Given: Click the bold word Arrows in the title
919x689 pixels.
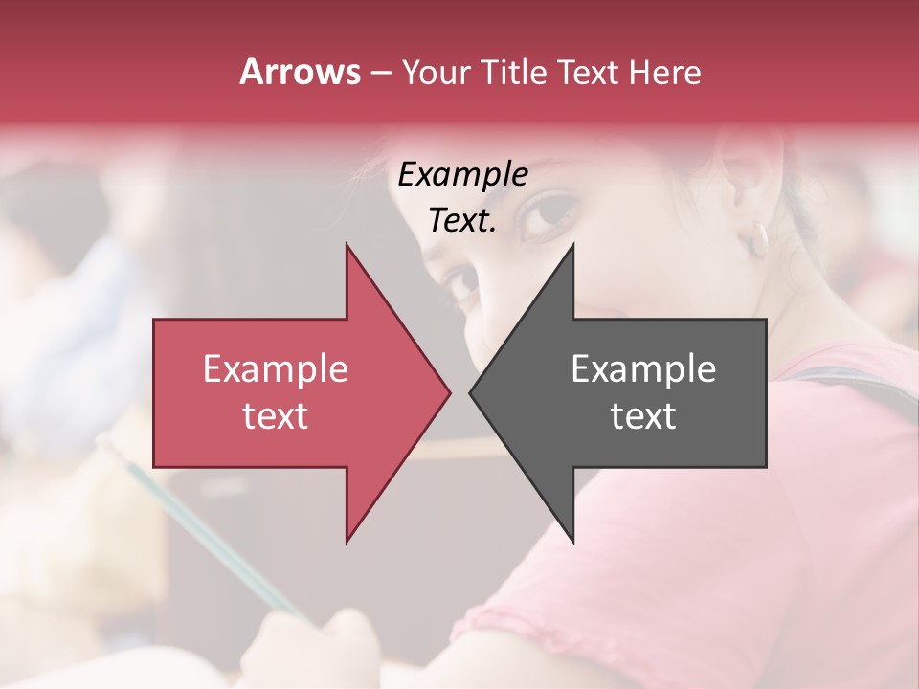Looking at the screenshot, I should coord(300,73).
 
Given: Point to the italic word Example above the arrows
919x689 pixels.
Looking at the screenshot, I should coord(462,175).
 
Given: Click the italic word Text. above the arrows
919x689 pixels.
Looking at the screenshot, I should coord(462,220).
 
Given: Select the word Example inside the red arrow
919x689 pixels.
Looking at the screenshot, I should coord(276,369).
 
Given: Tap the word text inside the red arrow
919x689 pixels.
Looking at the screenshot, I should coord(276,416).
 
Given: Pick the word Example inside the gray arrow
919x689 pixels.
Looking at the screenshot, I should coord(643,369).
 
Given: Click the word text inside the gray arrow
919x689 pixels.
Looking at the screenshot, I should coord(643,416).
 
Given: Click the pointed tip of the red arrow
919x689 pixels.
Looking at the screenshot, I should coord(450,392).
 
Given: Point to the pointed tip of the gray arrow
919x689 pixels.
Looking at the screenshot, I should coord(471,392).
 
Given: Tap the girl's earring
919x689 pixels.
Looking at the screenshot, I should coord(758,239).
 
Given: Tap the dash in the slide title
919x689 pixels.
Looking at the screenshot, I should coord(379,74).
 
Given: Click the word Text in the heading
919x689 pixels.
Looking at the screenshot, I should coord(588,73).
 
